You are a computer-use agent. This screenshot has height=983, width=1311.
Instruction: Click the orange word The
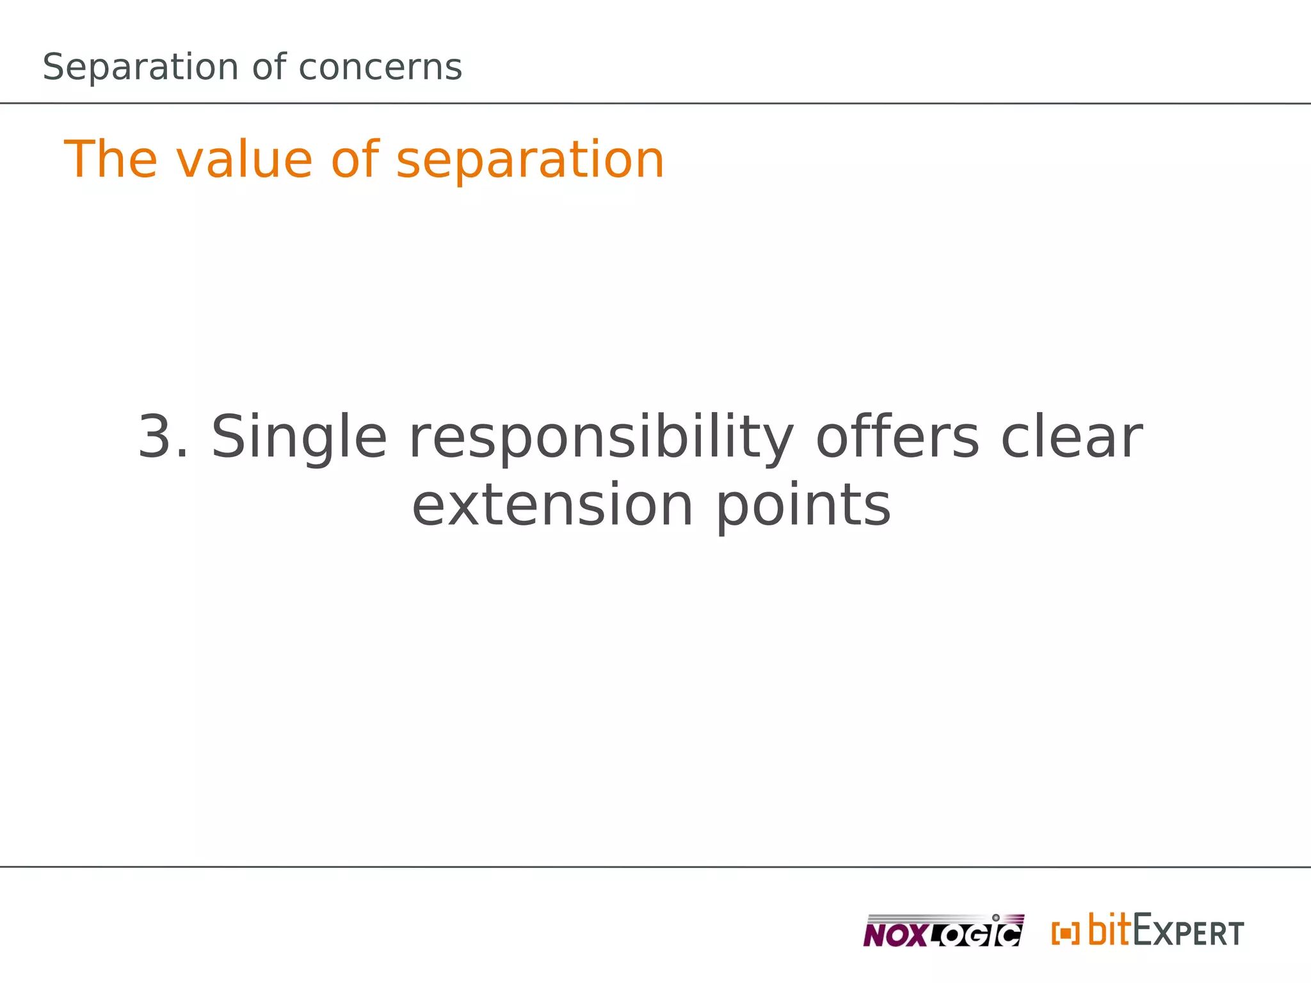(110, 159)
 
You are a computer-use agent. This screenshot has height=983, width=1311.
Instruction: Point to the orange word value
(244, 159)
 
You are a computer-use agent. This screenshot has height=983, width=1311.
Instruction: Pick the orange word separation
(530, 159)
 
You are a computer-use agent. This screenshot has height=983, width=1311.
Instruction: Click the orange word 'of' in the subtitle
(355, 159)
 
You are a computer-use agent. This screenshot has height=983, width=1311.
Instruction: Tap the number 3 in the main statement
(156, 438)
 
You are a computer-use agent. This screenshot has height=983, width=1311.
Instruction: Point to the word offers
(897, 438)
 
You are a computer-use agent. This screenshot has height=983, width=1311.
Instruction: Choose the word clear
(1072, 438)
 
